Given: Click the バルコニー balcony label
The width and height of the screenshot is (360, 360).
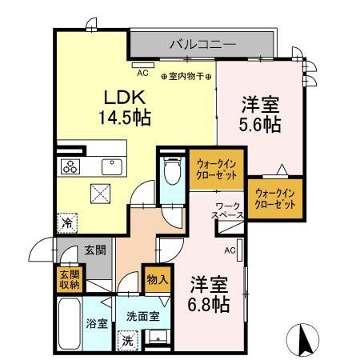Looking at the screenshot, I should [202, 45].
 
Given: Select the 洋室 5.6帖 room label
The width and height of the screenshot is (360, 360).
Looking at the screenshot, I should [259, 114].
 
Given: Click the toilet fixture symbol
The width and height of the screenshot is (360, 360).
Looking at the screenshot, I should [170, 171].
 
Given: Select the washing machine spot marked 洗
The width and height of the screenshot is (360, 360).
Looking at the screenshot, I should [128, 340].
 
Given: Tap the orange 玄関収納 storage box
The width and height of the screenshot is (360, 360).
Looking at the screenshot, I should [69, 279].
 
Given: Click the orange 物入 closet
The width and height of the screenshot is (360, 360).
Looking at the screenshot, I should [156, 280].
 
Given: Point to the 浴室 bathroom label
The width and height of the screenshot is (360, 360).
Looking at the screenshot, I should [96, 325].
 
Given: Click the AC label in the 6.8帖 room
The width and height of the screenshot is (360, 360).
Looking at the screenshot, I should [230, 250].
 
